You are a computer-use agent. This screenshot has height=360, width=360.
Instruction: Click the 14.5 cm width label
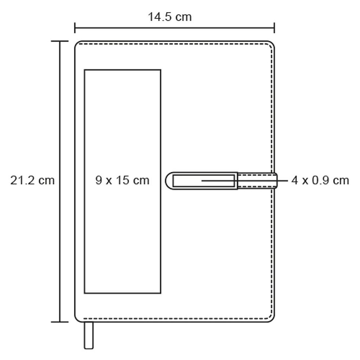point(170,17)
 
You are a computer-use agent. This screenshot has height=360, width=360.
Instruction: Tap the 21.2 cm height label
point(32,180)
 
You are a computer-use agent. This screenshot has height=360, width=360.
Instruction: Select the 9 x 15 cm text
point(122,180)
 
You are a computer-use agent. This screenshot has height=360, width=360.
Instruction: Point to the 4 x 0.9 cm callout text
point(320,180)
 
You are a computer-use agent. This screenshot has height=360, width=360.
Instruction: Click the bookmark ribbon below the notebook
point(89,335)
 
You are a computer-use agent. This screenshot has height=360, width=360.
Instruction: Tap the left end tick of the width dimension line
point(75,28)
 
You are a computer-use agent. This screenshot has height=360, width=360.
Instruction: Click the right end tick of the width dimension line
point(274,28)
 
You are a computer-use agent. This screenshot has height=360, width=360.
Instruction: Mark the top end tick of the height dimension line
point(60,41)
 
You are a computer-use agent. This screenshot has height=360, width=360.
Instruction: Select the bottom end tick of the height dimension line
point(60,322)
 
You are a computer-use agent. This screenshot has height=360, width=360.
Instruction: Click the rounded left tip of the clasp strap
point(166,181)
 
